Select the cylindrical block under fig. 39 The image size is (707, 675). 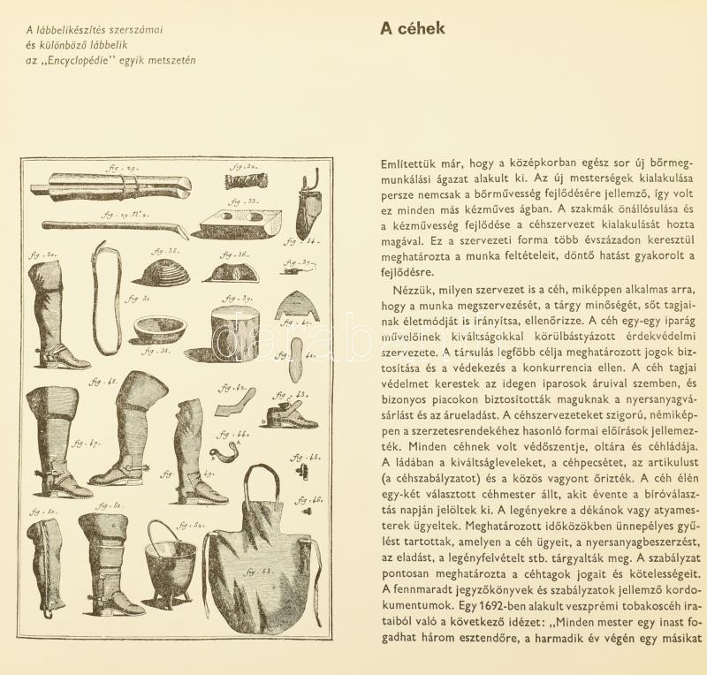[x=234, y=333]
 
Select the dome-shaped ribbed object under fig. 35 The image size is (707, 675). [x=162, y=272]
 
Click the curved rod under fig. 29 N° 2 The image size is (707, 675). [x=115, y=228]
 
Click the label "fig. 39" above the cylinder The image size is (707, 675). [x=240, y=299]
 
